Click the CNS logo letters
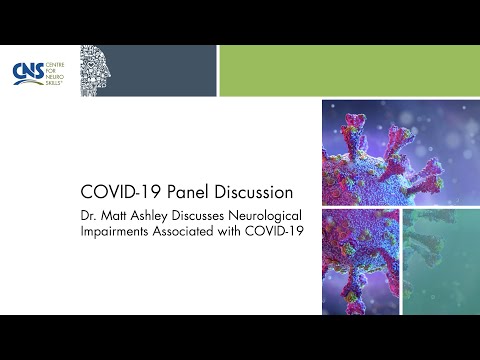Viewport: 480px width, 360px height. tap(25, 71)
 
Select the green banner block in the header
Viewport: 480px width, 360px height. tap(348, 70)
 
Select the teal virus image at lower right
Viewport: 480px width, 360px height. tap(441, 260)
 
